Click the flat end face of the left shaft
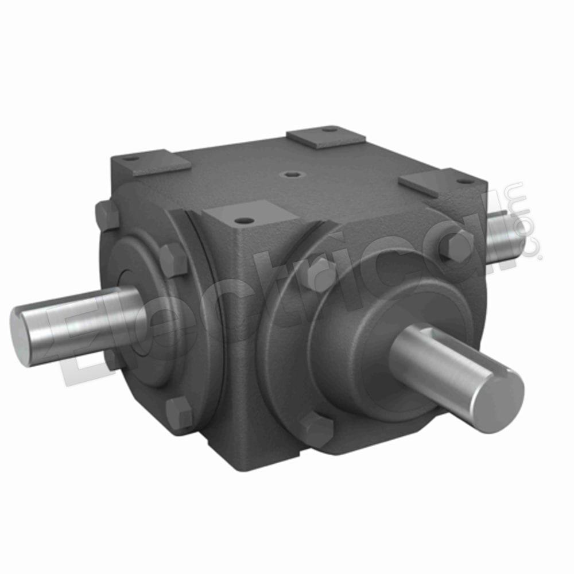(20, 336)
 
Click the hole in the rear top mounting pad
(330, 130)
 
